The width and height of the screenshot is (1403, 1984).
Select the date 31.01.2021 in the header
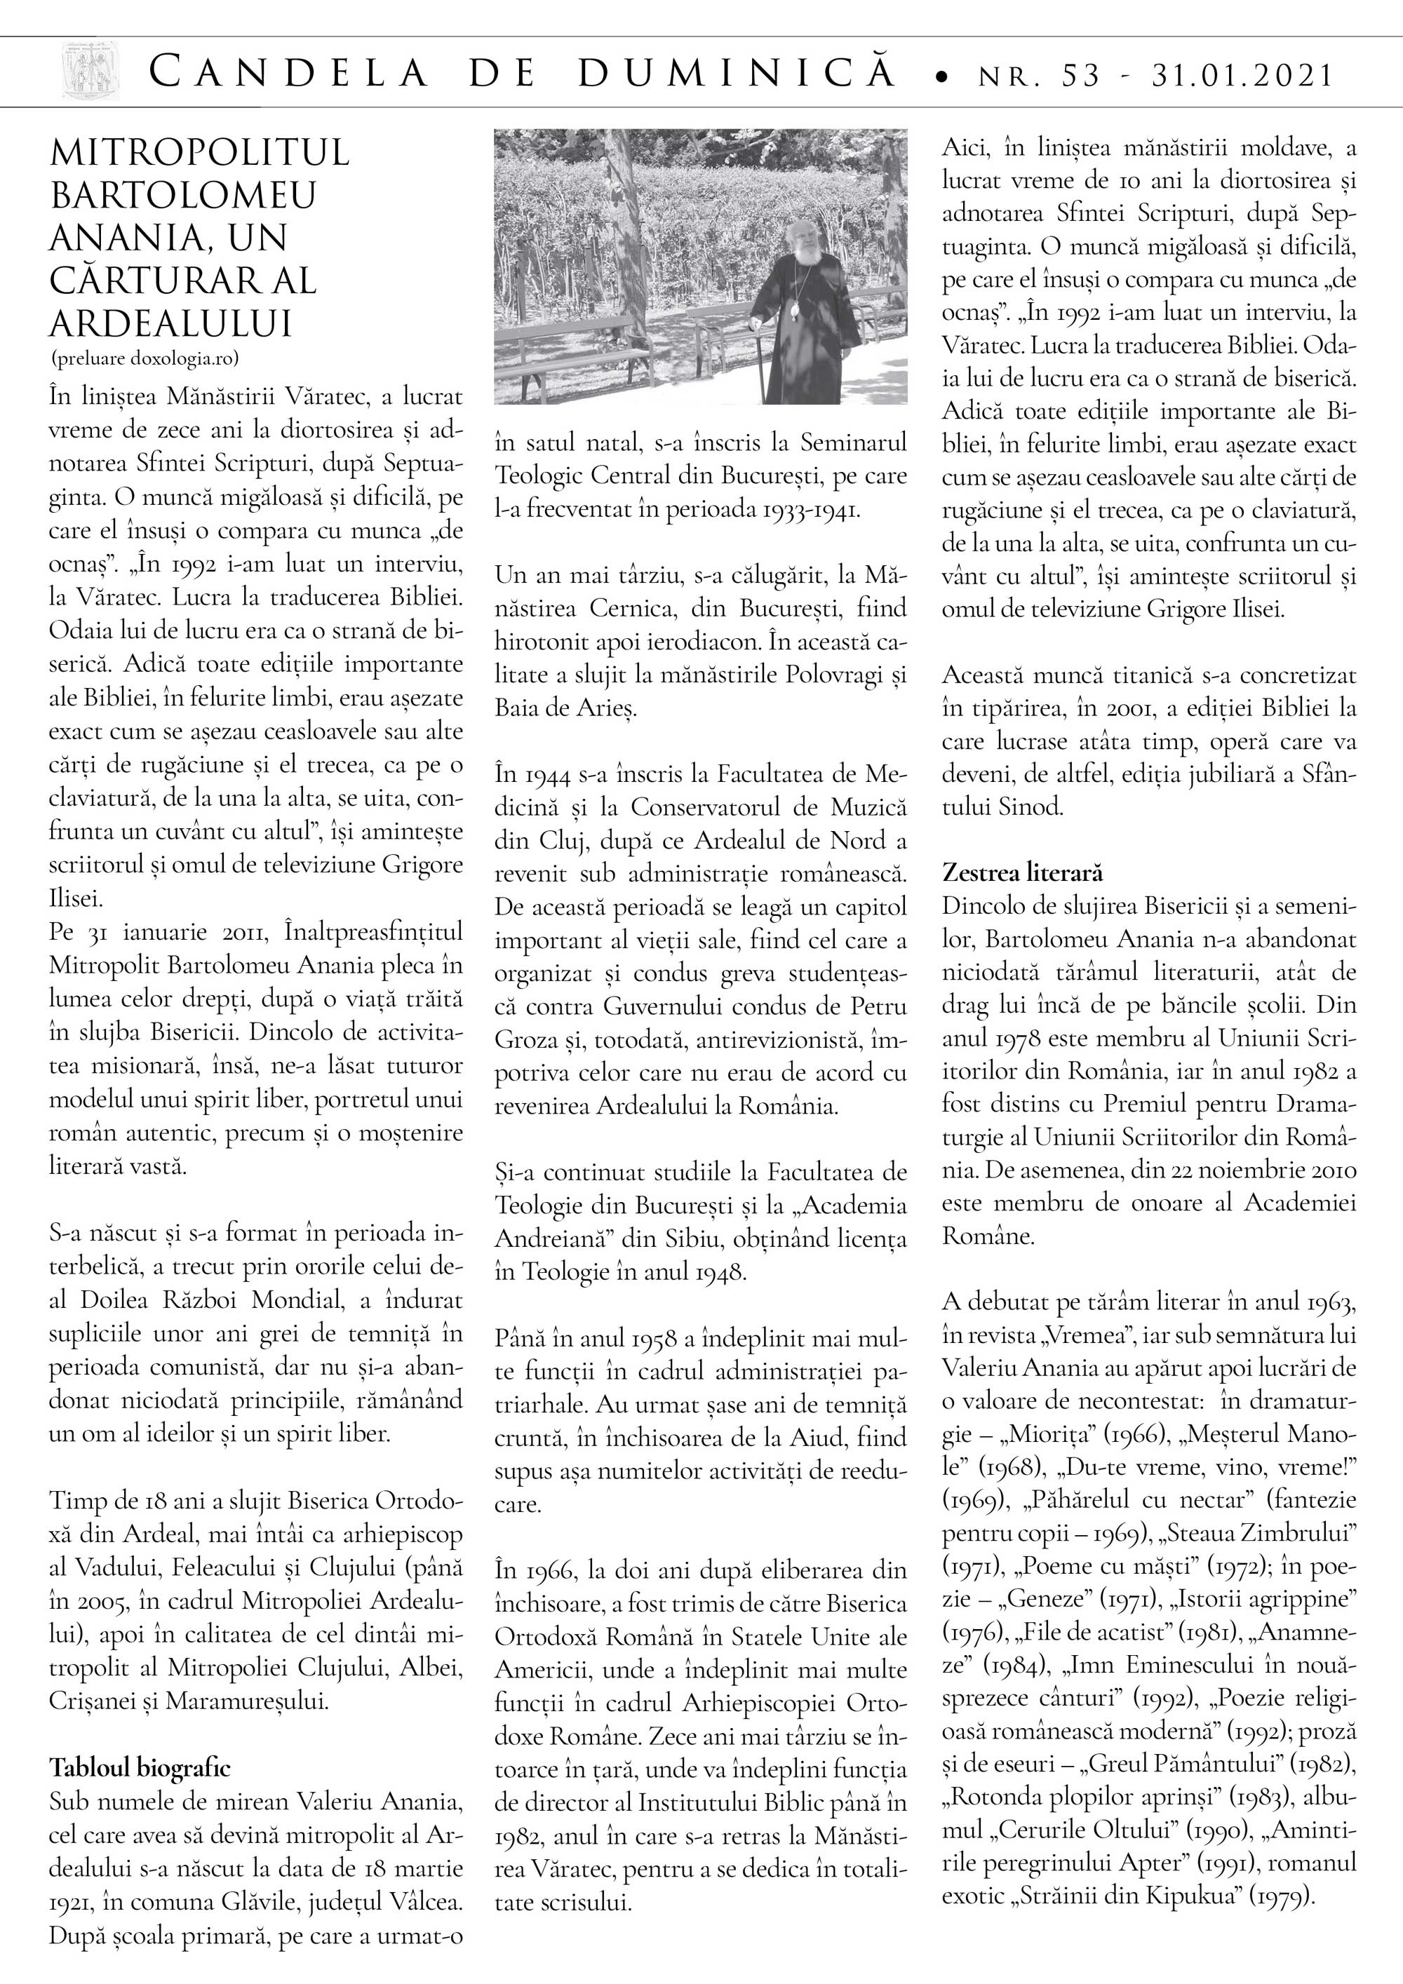[x=1242, y=75]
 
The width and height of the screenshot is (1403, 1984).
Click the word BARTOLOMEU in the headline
[x=183, y=194]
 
